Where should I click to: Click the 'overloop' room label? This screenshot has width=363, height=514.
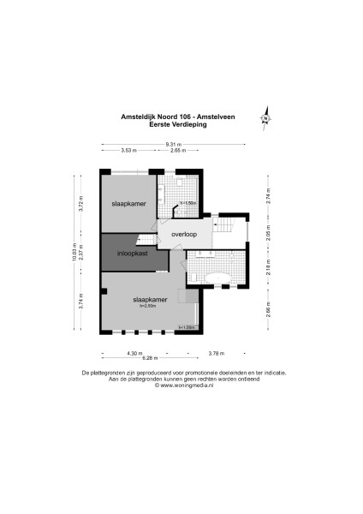click(184, 233)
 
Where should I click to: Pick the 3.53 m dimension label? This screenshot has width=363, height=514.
click(128, 151)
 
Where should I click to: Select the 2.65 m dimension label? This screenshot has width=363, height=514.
click(178, 151)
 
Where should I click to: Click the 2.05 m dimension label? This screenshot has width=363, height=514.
click(266, 237)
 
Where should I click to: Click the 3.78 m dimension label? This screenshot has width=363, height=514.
click(217, 352)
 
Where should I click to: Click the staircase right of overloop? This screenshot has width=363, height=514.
click(227, 227)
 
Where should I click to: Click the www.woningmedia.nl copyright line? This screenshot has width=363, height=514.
click(184, 385)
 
